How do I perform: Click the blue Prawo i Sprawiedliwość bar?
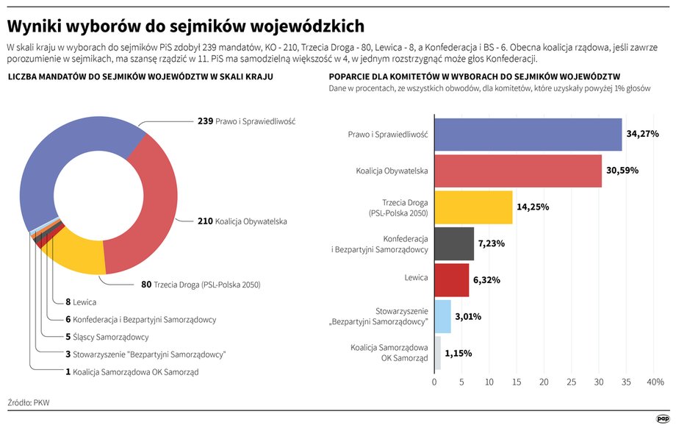(x=528, y=135)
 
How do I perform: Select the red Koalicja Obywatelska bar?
(x=518, y=171)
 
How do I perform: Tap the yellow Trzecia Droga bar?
(x=473, y=207)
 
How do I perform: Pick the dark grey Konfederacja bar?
(x=454, y=243)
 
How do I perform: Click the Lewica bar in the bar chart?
(x=452, y=280)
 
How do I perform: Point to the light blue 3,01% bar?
(x=443, y=317)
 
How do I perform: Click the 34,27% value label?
(x=642, y=134)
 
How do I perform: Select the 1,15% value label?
(x=459, y=354)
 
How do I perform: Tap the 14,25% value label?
(x=533, y=207)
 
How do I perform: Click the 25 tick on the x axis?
(x=571, y=382)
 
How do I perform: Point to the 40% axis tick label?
(x=655, y=382)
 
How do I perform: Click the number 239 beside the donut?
(x=205, y=121)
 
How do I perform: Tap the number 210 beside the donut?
(x=205, y=221)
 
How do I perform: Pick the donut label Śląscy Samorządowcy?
(x=111, y=337)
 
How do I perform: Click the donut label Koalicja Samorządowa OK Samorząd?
(x=136, y=372)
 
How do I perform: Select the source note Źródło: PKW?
(x=29, y=402)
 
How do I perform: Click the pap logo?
(x=662, y=418)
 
